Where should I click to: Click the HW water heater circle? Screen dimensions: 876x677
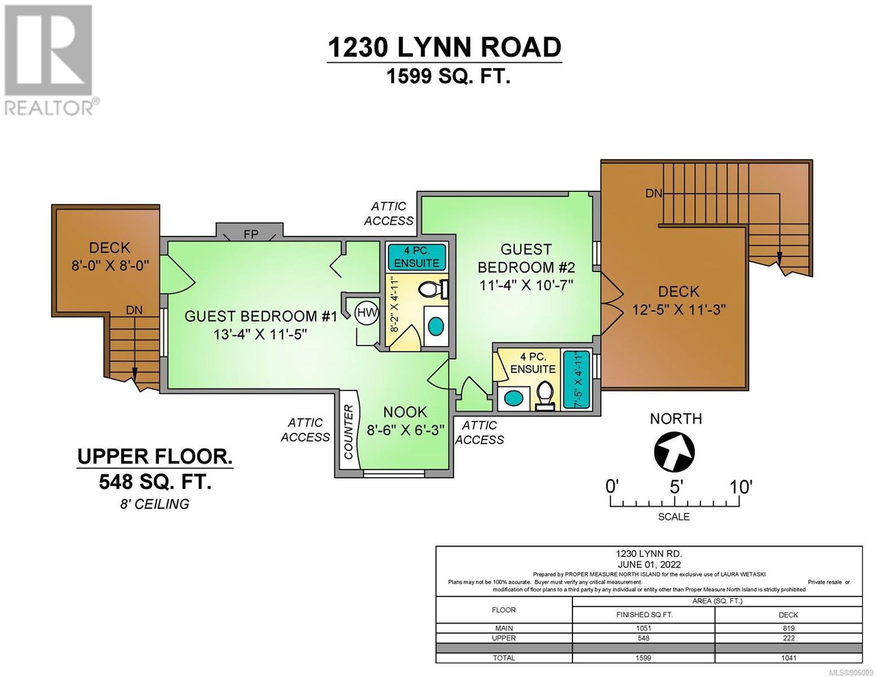pyautogui.click(x=367, y=313)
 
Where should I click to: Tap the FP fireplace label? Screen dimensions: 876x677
pyautogui.click(x=251, y=234)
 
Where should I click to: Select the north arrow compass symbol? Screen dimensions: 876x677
pyautogui.click(x=675, y=451)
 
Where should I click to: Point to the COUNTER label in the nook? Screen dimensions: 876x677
pyautogui.click(x=348, y=432)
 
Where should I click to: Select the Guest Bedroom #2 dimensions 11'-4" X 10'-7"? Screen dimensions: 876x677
pyautogui.click(x=526, y=285)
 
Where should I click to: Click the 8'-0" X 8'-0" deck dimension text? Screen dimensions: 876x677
pyautogui.click(x=110, y=266)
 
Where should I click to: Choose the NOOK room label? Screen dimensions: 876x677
pyautogui.click(x=405, y=412)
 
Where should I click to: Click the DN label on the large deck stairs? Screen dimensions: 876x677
pyautogui.click(x=653, y=194)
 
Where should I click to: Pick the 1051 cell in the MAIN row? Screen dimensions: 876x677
pyautogui.click(x=644, y=628)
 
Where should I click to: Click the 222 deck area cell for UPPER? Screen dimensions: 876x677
pyautogui.click(x=789, y=638)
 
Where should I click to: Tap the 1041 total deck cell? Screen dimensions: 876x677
pyautogui.click(x=789, y=658)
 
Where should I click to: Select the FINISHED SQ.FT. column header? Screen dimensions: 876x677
pyautogui.click(x=644, y=615)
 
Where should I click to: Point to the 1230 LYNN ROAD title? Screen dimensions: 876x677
pyautogui.click(x=444, y=47)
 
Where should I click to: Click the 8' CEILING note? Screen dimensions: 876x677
pyautogui.click(x=155, y=504)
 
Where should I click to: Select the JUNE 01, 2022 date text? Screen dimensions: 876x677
pyautogui.click(x=648, y=565)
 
